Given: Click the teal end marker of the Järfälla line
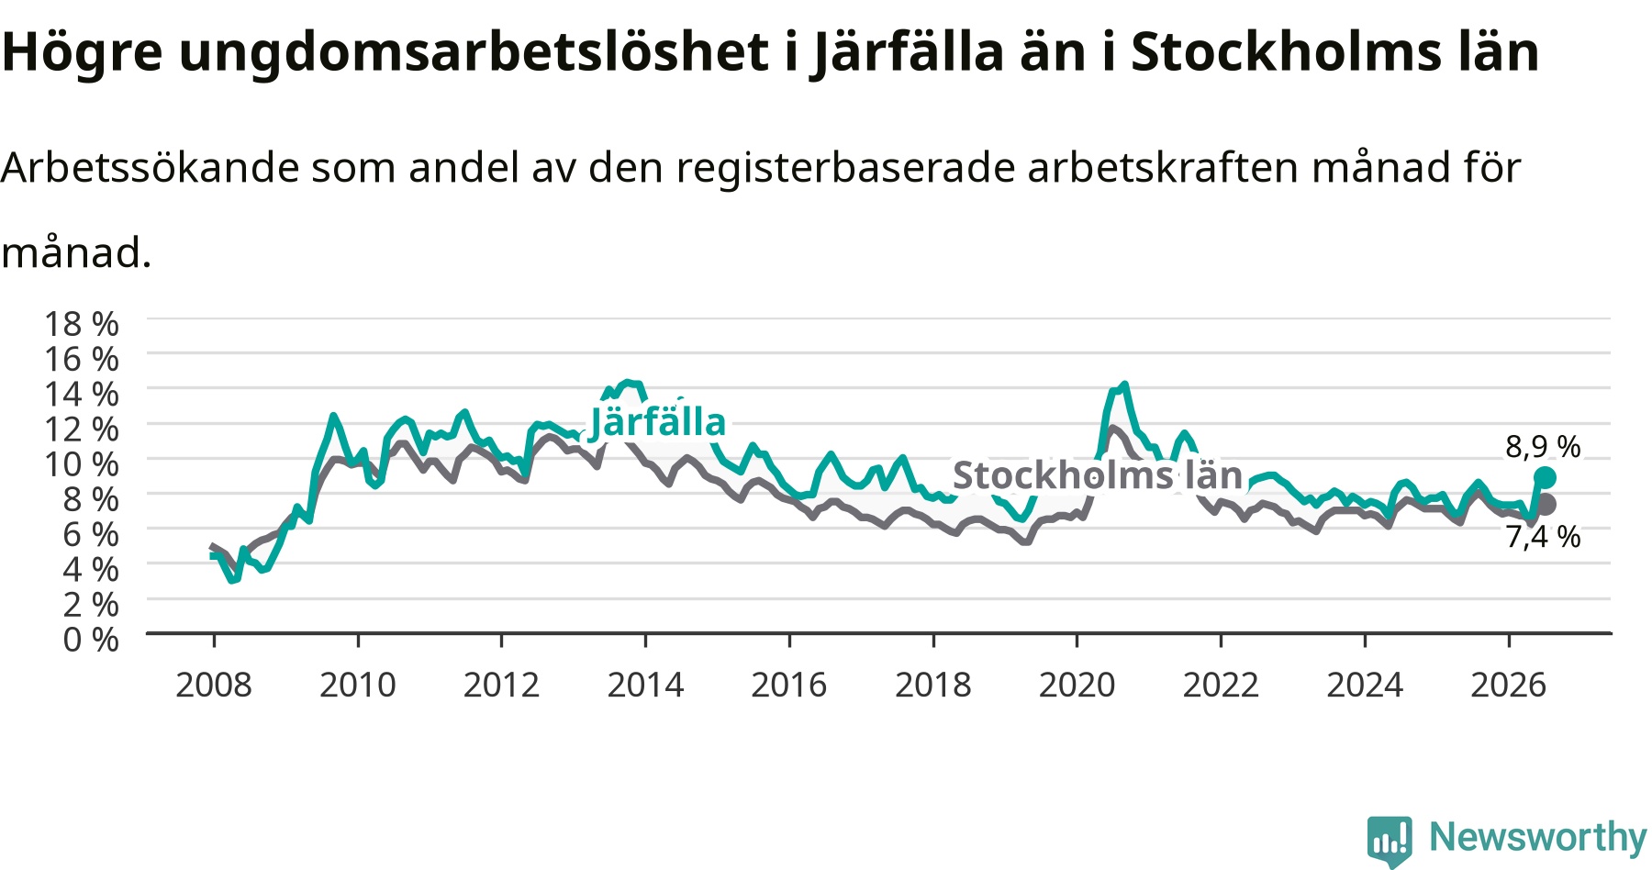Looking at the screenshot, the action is [x=1545, y=477].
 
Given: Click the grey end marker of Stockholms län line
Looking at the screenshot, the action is [x=1545, y=504].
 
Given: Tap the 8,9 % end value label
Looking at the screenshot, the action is [x=1543, y=447].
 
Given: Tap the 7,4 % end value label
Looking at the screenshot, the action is [x=1543, y=537].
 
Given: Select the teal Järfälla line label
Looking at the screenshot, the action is [x=658, y=421].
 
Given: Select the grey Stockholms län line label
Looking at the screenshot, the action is [x=1098, y=475].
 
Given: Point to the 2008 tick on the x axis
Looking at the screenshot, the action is [x=214, y=685].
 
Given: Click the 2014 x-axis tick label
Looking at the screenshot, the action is [x=645, y=685].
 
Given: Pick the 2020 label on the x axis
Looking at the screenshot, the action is [x=1077, y=685].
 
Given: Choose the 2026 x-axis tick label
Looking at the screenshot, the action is [x=1509, y=685].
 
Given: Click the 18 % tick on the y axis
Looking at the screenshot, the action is [x=82, y=324].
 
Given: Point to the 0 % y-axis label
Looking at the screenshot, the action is [x=91, y=639].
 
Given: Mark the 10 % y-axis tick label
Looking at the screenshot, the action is [x=82, y=464].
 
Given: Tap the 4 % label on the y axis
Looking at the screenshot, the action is [x=91, y=569].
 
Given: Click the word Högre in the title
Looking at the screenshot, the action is [x=83, y=53].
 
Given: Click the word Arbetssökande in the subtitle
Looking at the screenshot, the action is [x=151, y=167].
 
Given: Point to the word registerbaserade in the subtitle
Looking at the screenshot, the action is [x=845, y=168].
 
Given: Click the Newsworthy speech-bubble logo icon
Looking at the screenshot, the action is [x=1390, y=841].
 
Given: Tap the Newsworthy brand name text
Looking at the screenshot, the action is [x=1538, y=837].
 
